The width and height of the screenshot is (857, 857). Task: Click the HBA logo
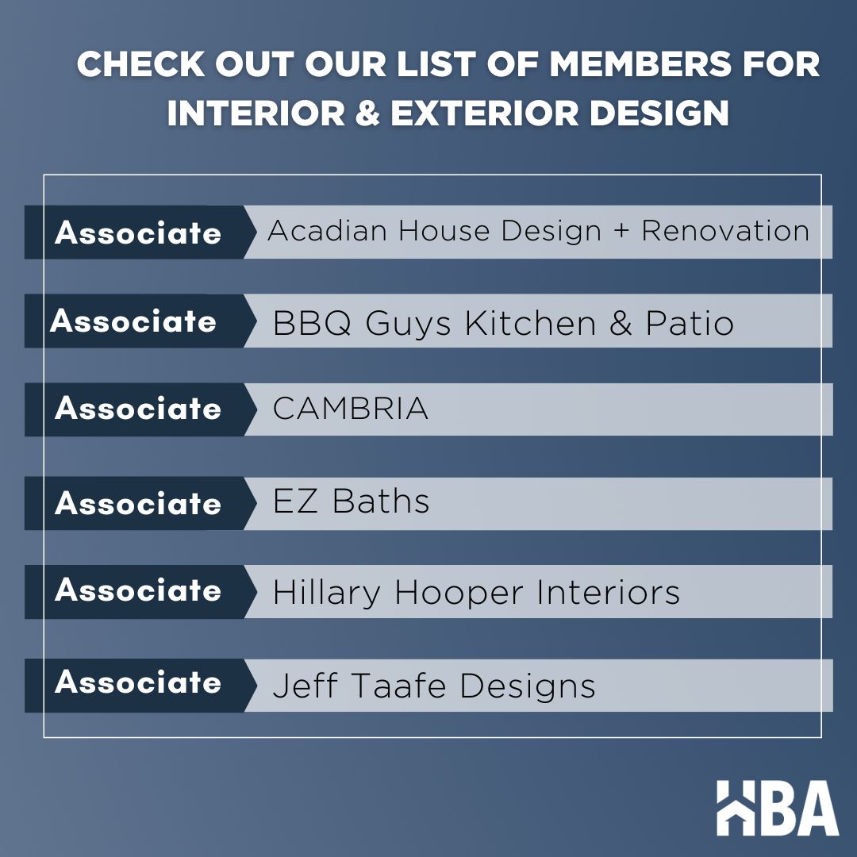tap(777, 808)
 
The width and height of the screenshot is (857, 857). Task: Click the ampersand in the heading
tap(363, 113)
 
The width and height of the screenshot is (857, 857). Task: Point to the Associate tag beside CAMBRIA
tap(138, 409)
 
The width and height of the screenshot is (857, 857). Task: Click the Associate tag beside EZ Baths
tap(138, 504)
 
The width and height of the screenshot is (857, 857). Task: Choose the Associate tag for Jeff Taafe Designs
tap(138, 683)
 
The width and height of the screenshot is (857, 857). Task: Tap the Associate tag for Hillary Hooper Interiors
tap(138, 591)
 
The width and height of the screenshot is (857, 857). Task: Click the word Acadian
tap(329, 232)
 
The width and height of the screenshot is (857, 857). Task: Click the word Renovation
tap(725, 232)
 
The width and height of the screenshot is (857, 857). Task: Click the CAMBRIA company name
tap(350, 409)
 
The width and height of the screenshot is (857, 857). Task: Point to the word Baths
tap(381, 502)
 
